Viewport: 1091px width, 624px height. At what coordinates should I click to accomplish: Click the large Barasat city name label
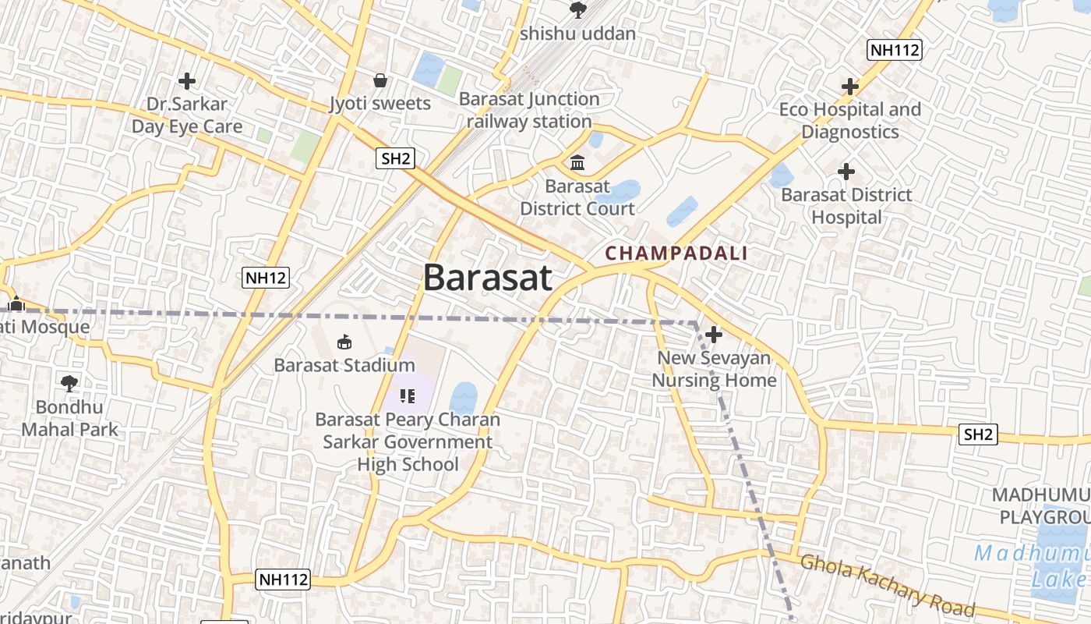[x=488, y=278]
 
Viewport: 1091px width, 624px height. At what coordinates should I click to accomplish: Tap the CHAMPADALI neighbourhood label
[x=676, y=253]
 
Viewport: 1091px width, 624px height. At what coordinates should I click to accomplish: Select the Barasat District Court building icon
[x=577, y=163]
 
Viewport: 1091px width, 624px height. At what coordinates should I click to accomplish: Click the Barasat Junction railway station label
[x=529, y=110]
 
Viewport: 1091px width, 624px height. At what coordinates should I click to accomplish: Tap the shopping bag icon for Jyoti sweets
[x=380, y=80]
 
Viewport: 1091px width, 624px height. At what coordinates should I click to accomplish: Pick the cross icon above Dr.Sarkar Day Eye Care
[x=186, y=80]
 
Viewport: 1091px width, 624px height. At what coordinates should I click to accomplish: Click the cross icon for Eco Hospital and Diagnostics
[x=849, y=87]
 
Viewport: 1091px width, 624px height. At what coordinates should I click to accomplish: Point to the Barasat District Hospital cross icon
[x=846, y=172]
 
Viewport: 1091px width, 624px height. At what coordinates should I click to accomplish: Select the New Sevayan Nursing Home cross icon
[x=713, y=335]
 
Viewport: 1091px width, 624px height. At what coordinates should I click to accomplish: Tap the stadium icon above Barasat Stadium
[x=344, y=342]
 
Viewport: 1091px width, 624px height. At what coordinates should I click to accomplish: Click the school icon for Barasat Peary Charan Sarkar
[x=406, y=396]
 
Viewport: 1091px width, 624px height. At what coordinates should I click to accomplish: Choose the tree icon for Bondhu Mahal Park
[x=69, y=383]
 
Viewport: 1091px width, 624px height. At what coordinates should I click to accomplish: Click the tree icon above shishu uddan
[x=577, y=10]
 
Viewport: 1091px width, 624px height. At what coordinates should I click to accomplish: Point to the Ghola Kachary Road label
[x=887, y=585]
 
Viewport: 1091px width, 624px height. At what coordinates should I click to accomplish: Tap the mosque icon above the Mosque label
[x=16, y=304]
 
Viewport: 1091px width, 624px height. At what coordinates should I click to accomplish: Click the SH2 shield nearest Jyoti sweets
[x=395, y=158]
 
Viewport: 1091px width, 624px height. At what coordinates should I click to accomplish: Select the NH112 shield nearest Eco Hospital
[x=895, y=50]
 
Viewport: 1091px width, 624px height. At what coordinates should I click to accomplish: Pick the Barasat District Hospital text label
[x=846, y=206]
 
